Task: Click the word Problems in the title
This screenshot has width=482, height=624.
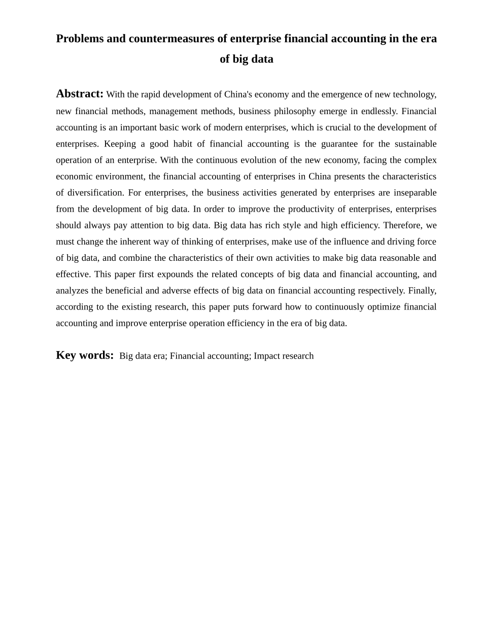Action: tap(80, 39)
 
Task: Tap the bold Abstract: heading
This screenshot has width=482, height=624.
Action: tap(80, 94)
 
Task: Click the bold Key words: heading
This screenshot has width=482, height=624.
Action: tap(85, 355)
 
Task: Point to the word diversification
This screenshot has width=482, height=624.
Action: tap(95, 193)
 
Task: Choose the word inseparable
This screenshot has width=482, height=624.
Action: tap(415, 193)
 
